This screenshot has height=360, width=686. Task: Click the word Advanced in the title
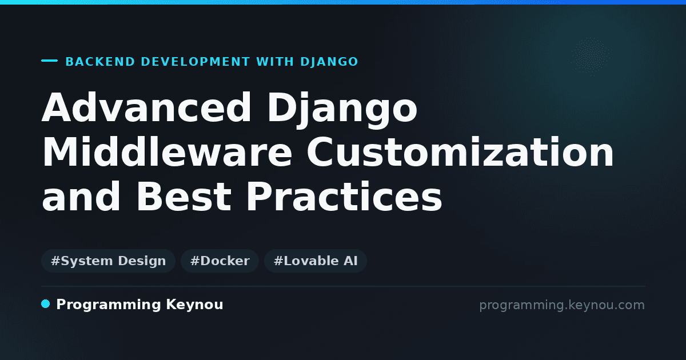(146, 107)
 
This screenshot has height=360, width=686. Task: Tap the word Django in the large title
(342, 110)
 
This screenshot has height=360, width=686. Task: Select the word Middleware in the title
(167, 151)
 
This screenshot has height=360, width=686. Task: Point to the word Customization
(460, 151)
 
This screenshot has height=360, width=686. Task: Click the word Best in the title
(184, 196)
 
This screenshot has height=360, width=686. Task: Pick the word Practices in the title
(345, 196)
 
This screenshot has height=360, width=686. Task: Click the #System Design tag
(108, 261)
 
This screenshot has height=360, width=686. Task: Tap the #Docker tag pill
(220, 261)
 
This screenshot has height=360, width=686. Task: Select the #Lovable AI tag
(316, 261)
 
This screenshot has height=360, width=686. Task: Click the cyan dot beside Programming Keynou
(46, 304)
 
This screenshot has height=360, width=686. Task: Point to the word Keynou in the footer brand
(194, 305)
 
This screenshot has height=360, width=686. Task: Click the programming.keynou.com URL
(562, 305)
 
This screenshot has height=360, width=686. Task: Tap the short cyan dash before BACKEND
(49, 61)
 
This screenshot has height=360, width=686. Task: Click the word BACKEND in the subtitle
(100, 62)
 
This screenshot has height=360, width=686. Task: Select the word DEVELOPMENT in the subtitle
(196, 62)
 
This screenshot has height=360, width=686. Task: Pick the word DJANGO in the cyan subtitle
(329, 62)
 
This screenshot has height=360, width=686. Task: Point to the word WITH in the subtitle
(275, 62)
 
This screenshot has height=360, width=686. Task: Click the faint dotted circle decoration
(590, 57)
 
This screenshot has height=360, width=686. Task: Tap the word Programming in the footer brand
(109, 305)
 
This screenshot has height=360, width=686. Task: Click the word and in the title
(81, 196)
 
